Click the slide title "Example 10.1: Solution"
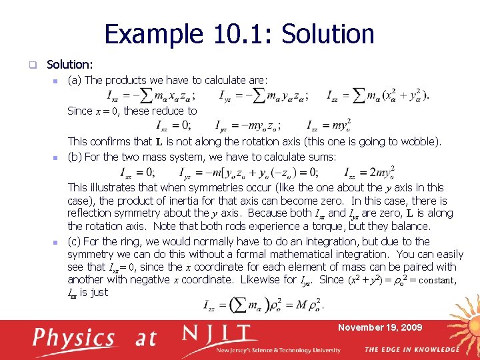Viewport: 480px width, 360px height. (x=239, y=34)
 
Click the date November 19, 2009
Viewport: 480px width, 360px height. (x=379, y=327)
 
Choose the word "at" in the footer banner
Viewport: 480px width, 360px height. (x=145, y=338)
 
